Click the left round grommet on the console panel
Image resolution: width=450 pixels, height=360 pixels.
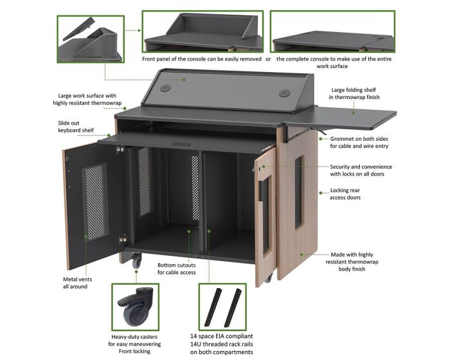coord(165,88)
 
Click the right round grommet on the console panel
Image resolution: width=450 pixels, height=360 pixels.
coord(284,93)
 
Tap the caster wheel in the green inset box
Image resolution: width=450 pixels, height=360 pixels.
coord(135,307)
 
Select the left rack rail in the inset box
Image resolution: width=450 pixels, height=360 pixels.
coord(213,307)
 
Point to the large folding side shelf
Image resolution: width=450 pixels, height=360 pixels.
coord(341,117)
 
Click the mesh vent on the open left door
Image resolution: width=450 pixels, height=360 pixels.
coord(95,201)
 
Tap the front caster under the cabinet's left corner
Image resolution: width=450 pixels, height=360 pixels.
coord(136,261)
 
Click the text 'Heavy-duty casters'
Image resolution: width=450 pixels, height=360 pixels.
coord(134,337)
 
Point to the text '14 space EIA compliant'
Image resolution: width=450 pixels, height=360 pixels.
coord(222,336)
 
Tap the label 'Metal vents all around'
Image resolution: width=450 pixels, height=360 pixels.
coord(77,283)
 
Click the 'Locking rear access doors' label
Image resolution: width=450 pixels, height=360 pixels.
coord(345,194)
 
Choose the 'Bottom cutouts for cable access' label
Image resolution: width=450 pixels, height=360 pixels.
coord(177,269)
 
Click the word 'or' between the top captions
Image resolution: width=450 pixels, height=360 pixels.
coord(268,59)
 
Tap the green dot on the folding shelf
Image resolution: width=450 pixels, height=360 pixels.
coord(354,113)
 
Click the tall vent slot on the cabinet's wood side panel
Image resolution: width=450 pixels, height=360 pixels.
coord(298,192)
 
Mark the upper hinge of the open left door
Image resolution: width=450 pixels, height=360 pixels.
coord(121,149)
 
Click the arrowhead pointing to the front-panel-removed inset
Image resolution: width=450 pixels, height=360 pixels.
coord(139,30)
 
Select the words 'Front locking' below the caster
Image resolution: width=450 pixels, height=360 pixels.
coord(134,351)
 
